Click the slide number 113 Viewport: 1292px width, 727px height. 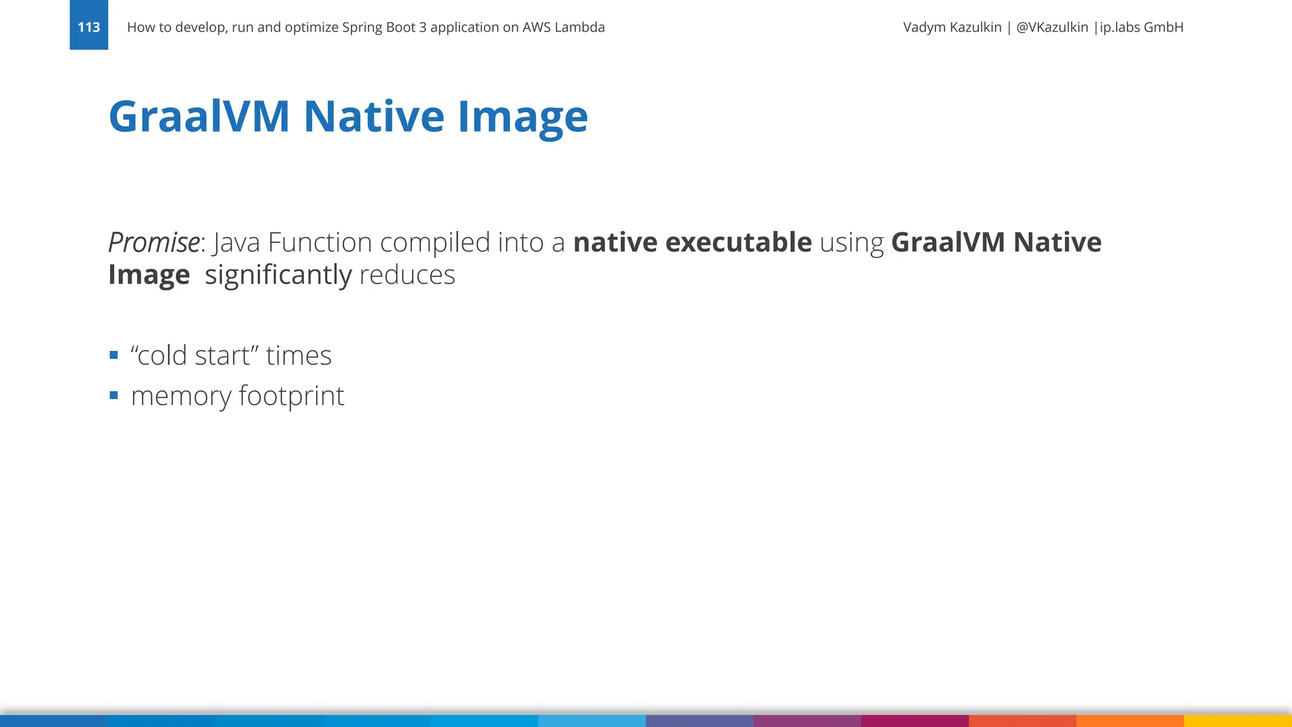coord(88,27)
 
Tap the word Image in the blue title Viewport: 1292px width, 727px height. coord(522,117)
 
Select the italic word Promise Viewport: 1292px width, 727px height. coord(154,243)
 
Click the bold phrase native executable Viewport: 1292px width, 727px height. coord(692,243)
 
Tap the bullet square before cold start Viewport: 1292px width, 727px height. coord(114,355)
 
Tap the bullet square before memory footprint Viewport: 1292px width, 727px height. coord(114,396)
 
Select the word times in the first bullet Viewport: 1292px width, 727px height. coord(298,356)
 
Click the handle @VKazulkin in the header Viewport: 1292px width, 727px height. coord(1052,27)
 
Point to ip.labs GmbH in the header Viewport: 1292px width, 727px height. coord(1141,27)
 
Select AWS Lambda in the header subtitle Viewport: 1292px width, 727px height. coord(563,27)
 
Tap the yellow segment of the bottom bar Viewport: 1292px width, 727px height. coord(1238,721)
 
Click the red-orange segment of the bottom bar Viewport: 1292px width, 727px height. coord(1022,721)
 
